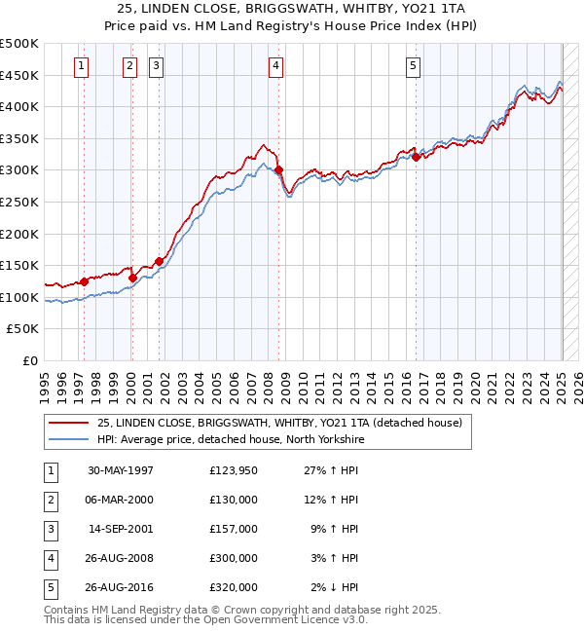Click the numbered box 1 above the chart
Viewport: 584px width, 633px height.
(x=80, y=66)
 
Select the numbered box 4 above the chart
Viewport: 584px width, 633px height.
(x=276, y=66)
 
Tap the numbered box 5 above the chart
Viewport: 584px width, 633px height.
(x=414, y=66)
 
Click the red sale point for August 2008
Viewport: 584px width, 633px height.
(x=278, y=170)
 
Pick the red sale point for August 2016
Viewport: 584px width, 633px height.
(x=416, y=157)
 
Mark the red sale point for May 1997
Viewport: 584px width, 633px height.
(x=84, y=281)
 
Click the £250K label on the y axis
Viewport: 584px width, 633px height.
(x=19, y=202)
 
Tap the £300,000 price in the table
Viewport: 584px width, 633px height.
(x=234, y=558)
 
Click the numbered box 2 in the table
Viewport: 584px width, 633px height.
(x=50, y=500)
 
